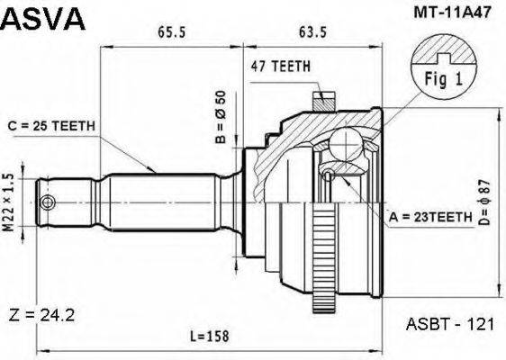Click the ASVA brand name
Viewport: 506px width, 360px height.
tap(44, 18)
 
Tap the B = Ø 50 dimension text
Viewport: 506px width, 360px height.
tap(219, 112)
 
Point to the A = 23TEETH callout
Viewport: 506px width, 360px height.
tap(430, 217)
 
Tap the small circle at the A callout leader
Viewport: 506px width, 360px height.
tap(330, 175)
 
